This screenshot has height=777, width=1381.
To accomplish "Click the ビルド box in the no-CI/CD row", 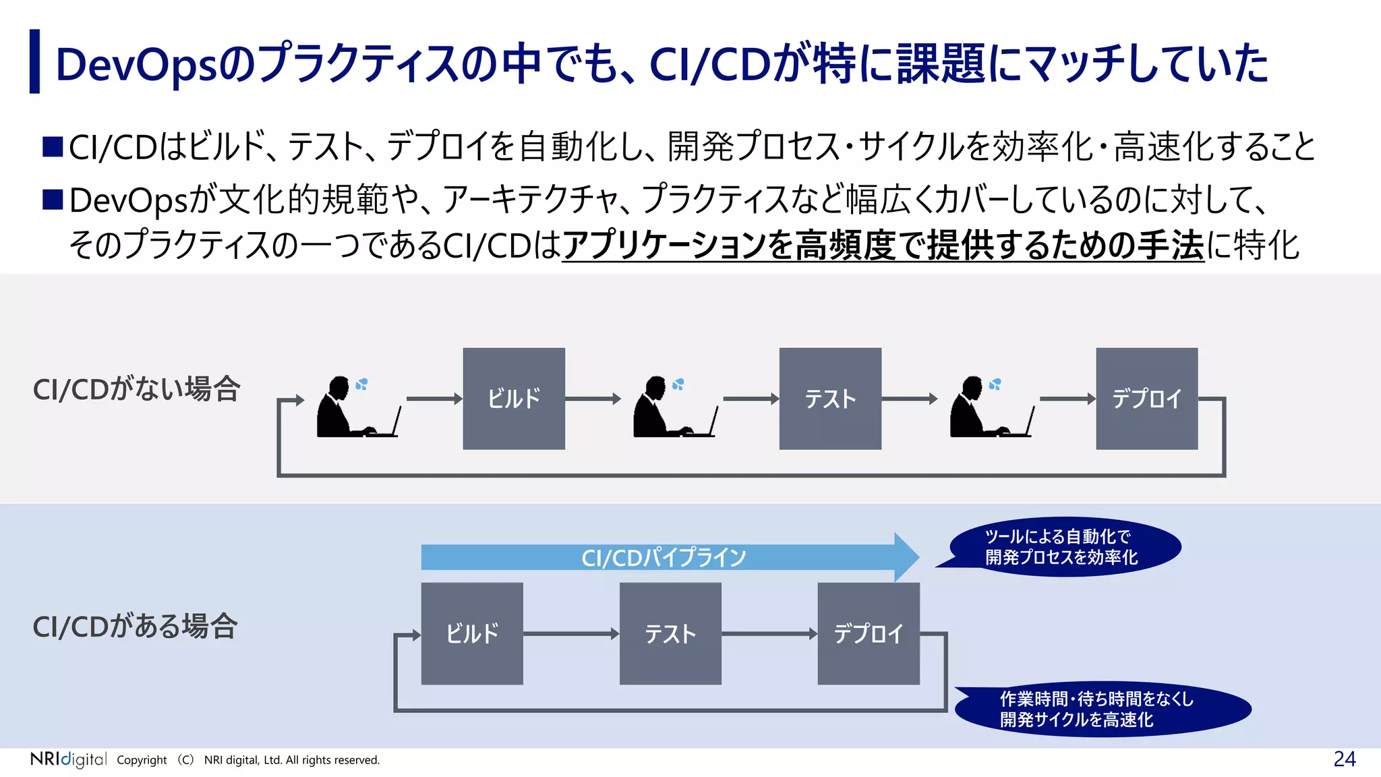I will [514, 399].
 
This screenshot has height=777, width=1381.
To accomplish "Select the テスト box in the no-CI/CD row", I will [830, 399].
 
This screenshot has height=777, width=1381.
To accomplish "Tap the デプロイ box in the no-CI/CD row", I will [1146, 399].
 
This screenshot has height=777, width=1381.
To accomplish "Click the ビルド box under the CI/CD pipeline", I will [472, 633].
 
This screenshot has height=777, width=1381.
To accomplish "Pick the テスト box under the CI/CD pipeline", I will [670, 633].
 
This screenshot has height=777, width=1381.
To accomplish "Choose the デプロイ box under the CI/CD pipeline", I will [869, 633].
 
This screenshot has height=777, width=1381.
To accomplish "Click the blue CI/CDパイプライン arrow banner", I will [664, 557].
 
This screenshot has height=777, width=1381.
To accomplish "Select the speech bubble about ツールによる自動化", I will [1064, 547].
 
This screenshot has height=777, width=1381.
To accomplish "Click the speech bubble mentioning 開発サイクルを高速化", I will [1103, 709].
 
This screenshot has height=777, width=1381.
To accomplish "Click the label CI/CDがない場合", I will [136, 389].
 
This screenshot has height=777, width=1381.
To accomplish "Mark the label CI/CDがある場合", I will [135, 627].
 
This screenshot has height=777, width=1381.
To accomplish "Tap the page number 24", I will [1344, 759].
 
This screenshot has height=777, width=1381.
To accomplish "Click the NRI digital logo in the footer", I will [68, 759].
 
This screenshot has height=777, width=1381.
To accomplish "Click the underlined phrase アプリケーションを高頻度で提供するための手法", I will [883, 246].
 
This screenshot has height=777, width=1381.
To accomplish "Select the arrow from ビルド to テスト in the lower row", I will [570, 633].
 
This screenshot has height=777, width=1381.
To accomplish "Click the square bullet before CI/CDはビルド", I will [53, 146].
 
